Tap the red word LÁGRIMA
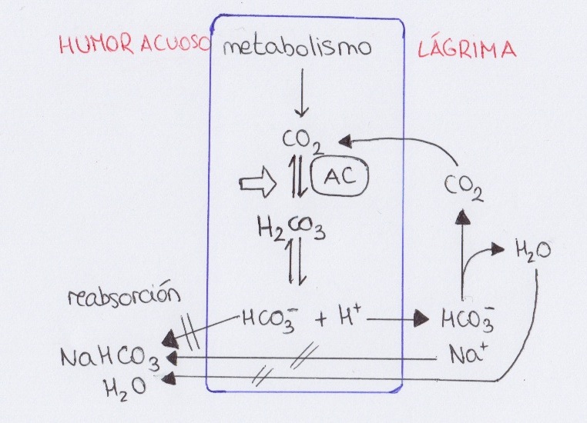pyautogui.click(x=466, y=50)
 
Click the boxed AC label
pyautogui.click(x=340, y=178)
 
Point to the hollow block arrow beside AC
pyautogui.click(x=255, y=185)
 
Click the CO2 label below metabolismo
pyautogui.click(x=300, y=141)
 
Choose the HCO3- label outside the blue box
pyautogui.click(x=467, y=318)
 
